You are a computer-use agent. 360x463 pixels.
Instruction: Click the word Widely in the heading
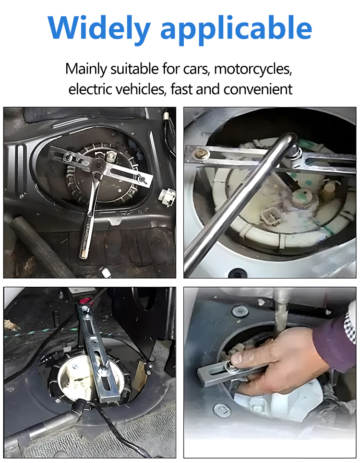tap(99, 28)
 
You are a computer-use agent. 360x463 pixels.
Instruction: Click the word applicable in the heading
tap(236, 29)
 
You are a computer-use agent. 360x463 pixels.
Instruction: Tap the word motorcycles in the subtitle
tap(253, 69)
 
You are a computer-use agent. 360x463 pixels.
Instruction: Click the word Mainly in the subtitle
tap(86, 69)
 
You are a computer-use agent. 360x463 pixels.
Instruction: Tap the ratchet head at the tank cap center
tap(98, 164)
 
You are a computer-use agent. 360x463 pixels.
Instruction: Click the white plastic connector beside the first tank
tap(167, 196)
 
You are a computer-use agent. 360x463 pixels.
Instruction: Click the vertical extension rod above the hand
tap(280, 310)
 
